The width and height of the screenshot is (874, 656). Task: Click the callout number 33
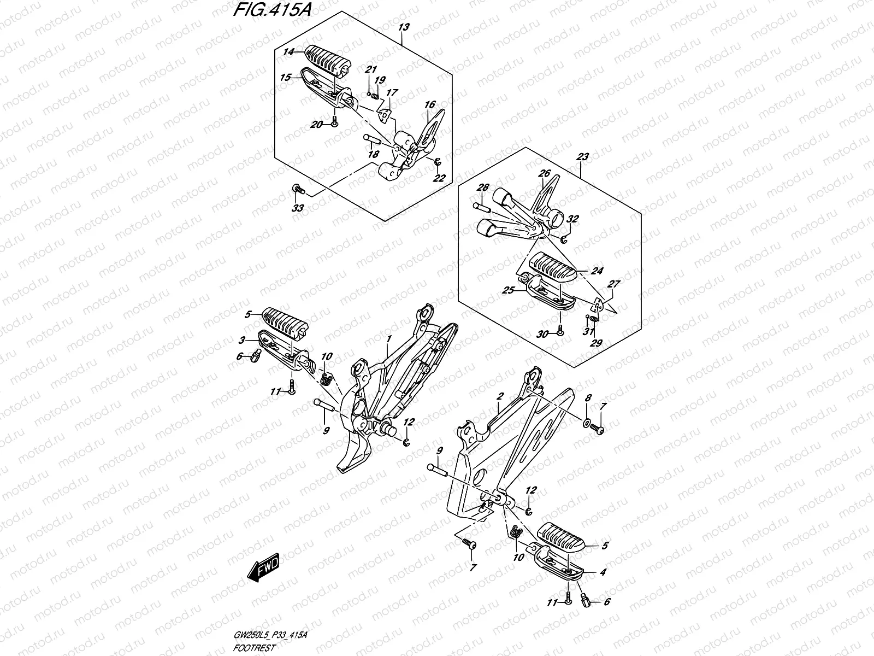coord(298,208)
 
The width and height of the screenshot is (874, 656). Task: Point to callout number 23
coord(582,157)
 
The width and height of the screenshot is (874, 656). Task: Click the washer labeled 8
coord(587,423)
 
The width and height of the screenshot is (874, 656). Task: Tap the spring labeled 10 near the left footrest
coord(326,377)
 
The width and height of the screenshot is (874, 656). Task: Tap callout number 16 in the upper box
coord(429,104)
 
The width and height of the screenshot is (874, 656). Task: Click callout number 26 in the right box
coord(544,174)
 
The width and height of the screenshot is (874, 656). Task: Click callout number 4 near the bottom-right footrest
coord(602,572)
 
